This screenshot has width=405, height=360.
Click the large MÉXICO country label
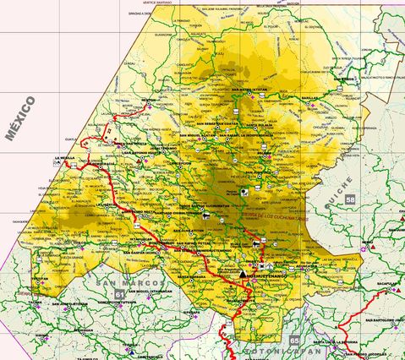[x=20, y=117]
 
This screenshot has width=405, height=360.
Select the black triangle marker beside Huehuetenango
[x=244, y=275]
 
